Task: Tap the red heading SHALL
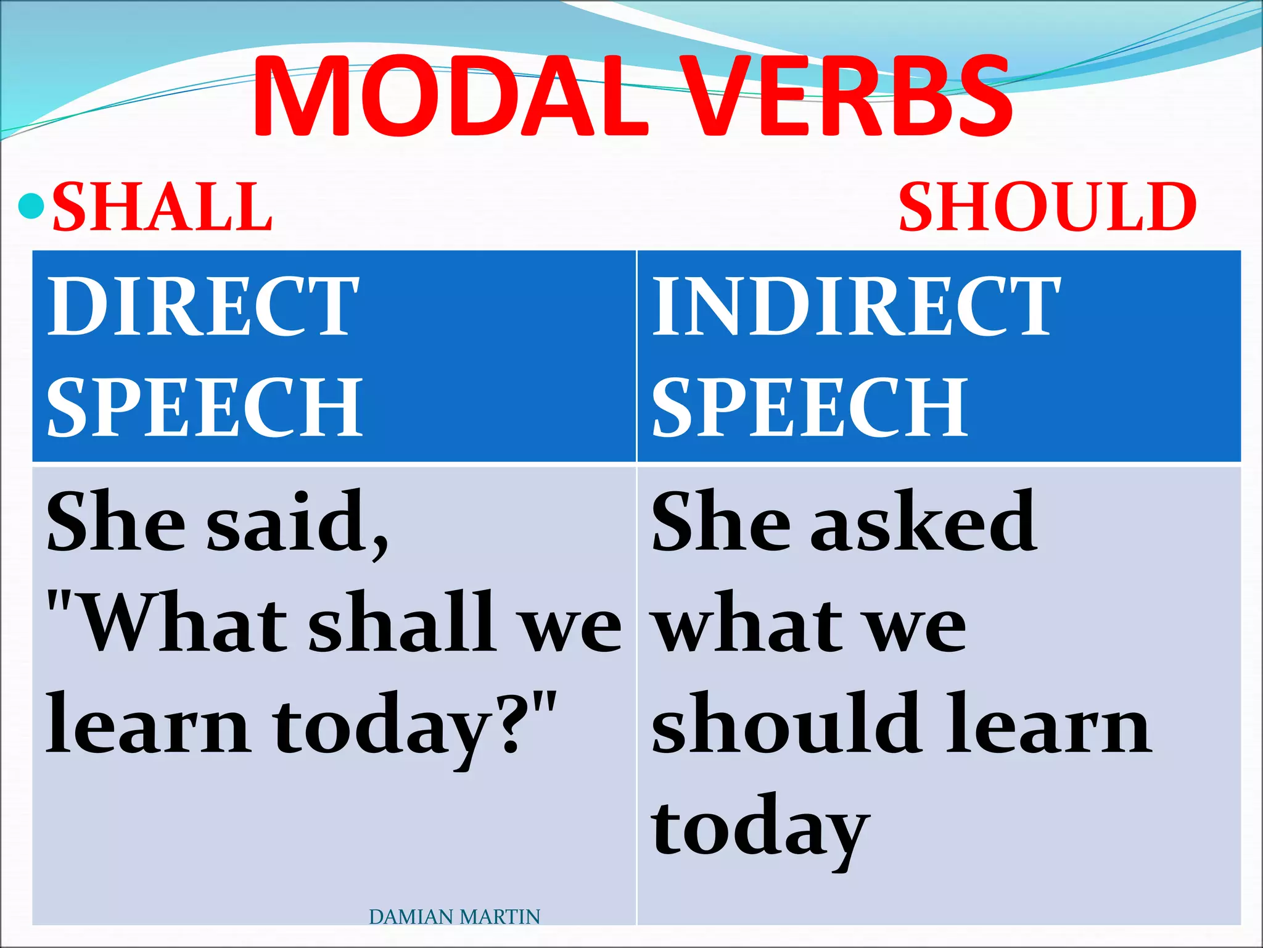[162, 207]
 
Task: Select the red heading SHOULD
[1047, 207]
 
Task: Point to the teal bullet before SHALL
[31, 207]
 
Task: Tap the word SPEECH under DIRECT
[205, 407]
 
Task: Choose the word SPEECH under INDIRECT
[810, 407]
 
